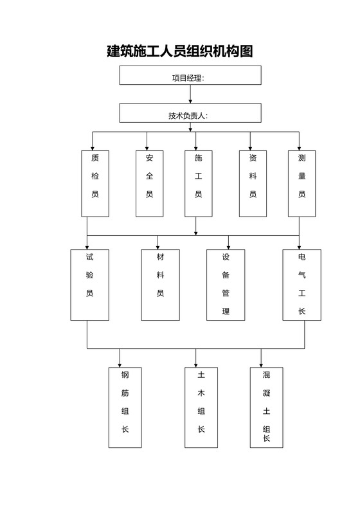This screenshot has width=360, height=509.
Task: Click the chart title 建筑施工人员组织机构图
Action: click(x=179, y=51)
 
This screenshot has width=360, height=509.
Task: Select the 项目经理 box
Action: click(x=190, y=75)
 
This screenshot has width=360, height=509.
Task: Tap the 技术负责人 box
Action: click(x=190, y=113)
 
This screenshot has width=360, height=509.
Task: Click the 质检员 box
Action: click(x=95, y=183)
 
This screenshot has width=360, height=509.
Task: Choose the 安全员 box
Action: click(x=150, y=183)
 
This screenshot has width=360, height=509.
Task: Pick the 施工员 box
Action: click(x=199, y=183)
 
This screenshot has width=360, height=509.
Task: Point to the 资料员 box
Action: click(x=253, y=183)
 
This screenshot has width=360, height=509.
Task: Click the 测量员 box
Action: click(x=302, y=183)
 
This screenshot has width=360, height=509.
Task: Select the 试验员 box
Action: click(x=89, y=284)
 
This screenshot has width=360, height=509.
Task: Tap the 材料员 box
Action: click(x=160, y=284)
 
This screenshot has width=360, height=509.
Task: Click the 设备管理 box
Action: click(x=226, y=284)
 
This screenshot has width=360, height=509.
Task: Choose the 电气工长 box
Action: click(x=302, y=284)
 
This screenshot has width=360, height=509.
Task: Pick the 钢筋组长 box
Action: click(x=125, y=407)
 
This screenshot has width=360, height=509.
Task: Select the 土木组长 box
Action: click(x=201, y=407)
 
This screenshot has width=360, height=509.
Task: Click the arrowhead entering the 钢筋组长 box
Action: click(x=120, y=364)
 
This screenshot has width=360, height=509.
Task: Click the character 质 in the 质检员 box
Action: click(x=95, y=157)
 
